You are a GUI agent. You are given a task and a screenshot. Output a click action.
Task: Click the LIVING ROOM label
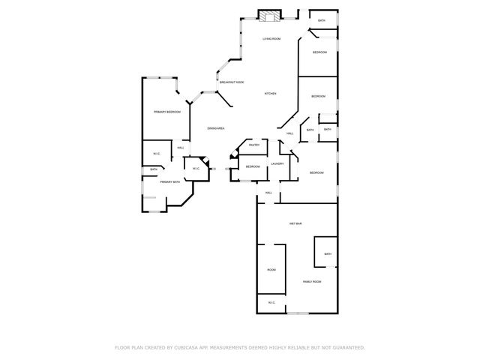tap(271, 38)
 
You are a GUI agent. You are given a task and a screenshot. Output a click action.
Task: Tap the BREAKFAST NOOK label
tap(231, 82)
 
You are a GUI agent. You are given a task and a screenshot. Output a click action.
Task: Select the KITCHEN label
tap(270, 94)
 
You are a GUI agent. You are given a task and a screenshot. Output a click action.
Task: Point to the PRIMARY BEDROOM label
tap(167, 112)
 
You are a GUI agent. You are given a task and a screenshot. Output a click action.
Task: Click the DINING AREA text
tap(216, 129)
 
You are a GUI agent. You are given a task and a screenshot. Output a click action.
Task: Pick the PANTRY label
tap(254, 145)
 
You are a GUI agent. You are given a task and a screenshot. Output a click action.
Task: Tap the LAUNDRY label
tap(276, 163)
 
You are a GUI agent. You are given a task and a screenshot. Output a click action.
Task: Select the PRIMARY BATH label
tap(169, 182)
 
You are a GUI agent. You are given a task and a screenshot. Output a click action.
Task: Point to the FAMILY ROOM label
tap(311, 281)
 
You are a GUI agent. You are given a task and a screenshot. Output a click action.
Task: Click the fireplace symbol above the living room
tap(269, 13)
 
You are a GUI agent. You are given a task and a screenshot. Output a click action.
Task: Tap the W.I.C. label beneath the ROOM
tap(271, 302)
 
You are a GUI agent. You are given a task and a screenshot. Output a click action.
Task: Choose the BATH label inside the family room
tap(328, 254)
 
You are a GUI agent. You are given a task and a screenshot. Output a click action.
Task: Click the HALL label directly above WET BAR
tap(268, 193)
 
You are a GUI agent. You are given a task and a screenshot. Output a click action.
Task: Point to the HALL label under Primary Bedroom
tap(181, 148)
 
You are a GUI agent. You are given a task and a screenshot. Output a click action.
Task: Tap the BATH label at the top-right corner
tap(322, 20)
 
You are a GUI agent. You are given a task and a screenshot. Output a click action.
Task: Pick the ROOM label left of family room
tap(271, 269)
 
